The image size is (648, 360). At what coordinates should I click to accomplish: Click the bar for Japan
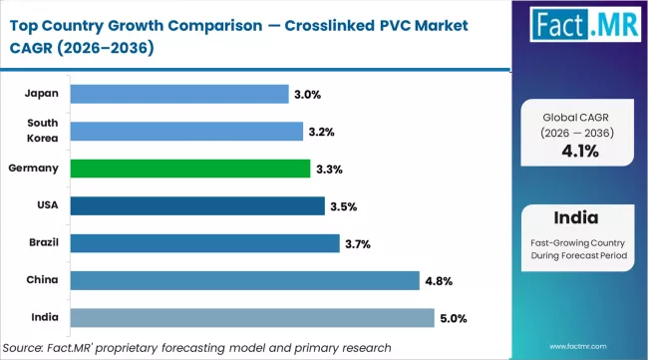(x=177, y=94)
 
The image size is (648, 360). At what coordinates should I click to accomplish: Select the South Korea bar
(x=186, y=131)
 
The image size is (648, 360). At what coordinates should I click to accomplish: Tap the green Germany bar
(x=188, y=169)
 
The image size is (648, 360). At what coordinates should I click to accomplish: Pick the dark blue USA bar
(x=197, y=206)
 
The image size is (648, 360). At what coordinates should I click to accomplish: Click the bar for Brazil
(x=205, y=243)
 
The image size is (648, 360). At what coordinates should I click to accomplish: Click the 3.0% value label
(x=307, y=94)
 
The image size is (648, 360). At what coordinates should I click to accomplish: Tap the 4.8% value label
(x=441, y=281)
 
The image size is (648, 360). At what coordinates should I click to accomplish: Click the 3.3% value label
(x=329, y=169)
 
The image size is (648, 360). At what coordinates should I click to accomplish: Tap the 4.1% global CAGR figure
(x=579, y=153)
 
